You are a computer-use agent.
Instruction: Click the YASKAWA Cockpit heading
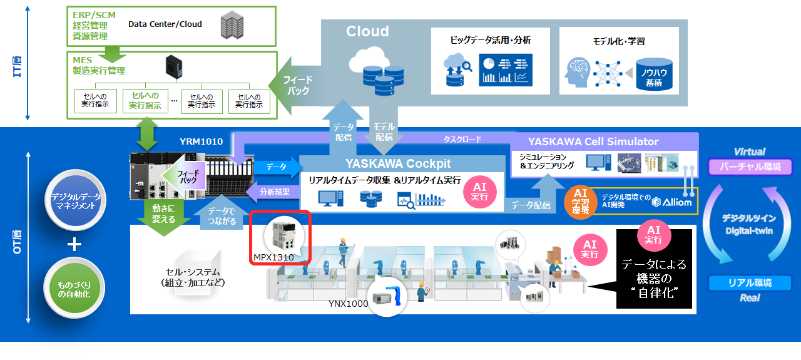[x=398, y=164]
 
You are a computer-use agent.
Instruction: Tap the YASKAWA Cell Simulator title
[x=593, y=141]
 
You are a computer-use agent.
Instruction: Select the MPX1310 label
[x=273, y=257]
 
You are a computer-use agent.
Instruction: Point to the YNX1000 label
[x=349, y=304]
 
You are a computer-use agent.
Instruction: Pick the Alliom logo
[x=672, y=202]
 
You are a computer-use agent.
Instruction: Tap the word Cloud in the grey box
[x=367, y=31]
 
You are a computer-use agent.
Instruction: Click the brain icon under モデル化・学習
[x=579, y=73]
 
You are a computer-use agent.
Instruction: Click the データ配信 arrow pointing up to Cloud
[x=343, y=130]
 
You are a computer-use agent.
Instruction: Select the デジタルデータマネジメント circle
[x=74, y=202]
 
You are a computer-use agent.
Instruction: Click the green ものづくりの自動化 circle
[x=74, y=288]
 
